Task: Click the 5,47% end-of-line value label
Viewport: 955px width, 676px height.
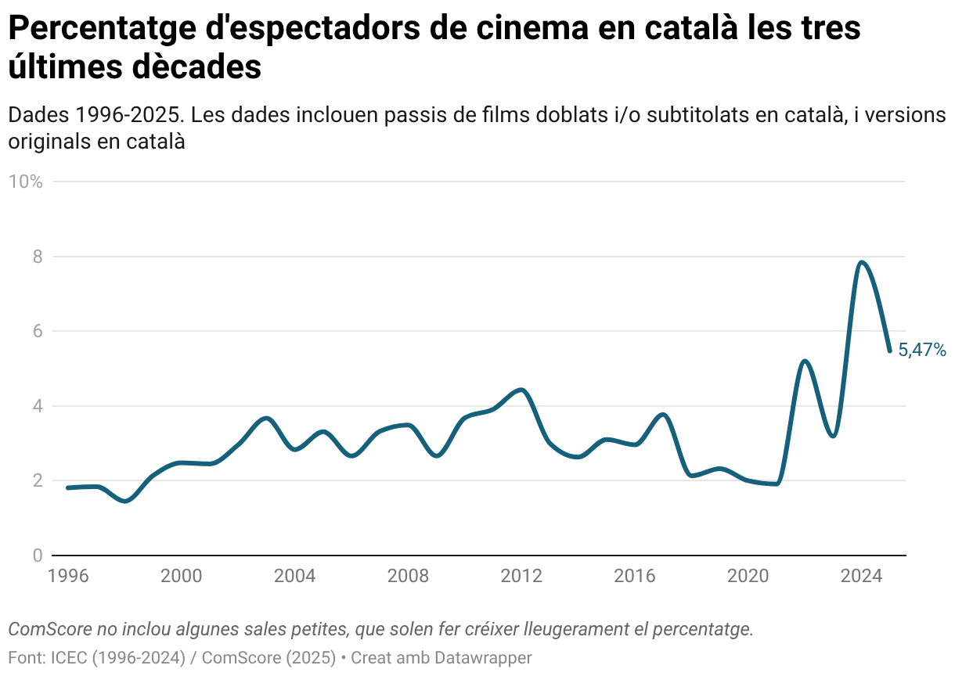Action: point(922,350)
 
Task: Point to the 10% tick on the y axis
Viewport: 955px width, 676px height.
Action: point(25,182)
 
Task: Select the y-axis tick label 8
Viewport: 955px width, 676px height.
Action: point(36,257)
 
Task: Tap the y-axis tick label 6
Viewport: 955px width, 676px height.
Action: point(36,331)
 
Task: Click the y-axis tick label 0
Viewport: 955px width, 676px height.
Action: point(36,556)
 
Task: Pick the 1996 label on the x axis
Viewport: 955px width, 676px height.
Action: point(68,577)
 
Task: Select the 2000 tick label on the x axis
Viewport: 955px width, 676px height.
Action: point(182,577)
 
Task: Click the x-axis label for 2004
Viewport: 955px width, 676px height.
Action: point(295,577)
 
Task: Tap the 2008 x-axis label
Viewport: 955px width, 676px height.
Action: point(409,577)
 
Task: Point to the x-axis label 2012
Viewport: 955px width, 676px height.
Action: point(522,577)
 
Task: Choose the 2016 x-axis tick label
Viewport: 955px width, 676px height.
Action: point(635,577)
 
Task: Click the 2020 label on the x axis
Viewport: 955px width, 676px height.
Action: point(748,577)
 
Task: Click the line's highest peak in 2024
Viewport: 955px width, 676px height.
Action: point(862,262)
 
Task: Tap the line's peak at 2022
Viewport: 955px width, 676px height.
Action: point(805,361)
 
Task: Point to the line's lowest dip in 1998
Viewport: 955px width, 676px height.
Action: point(125,501)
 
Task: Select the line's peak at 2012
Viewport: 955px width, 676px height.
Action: point(522,390)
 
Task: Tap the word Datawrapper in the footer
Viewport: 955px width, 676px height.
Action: point(484,657)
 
